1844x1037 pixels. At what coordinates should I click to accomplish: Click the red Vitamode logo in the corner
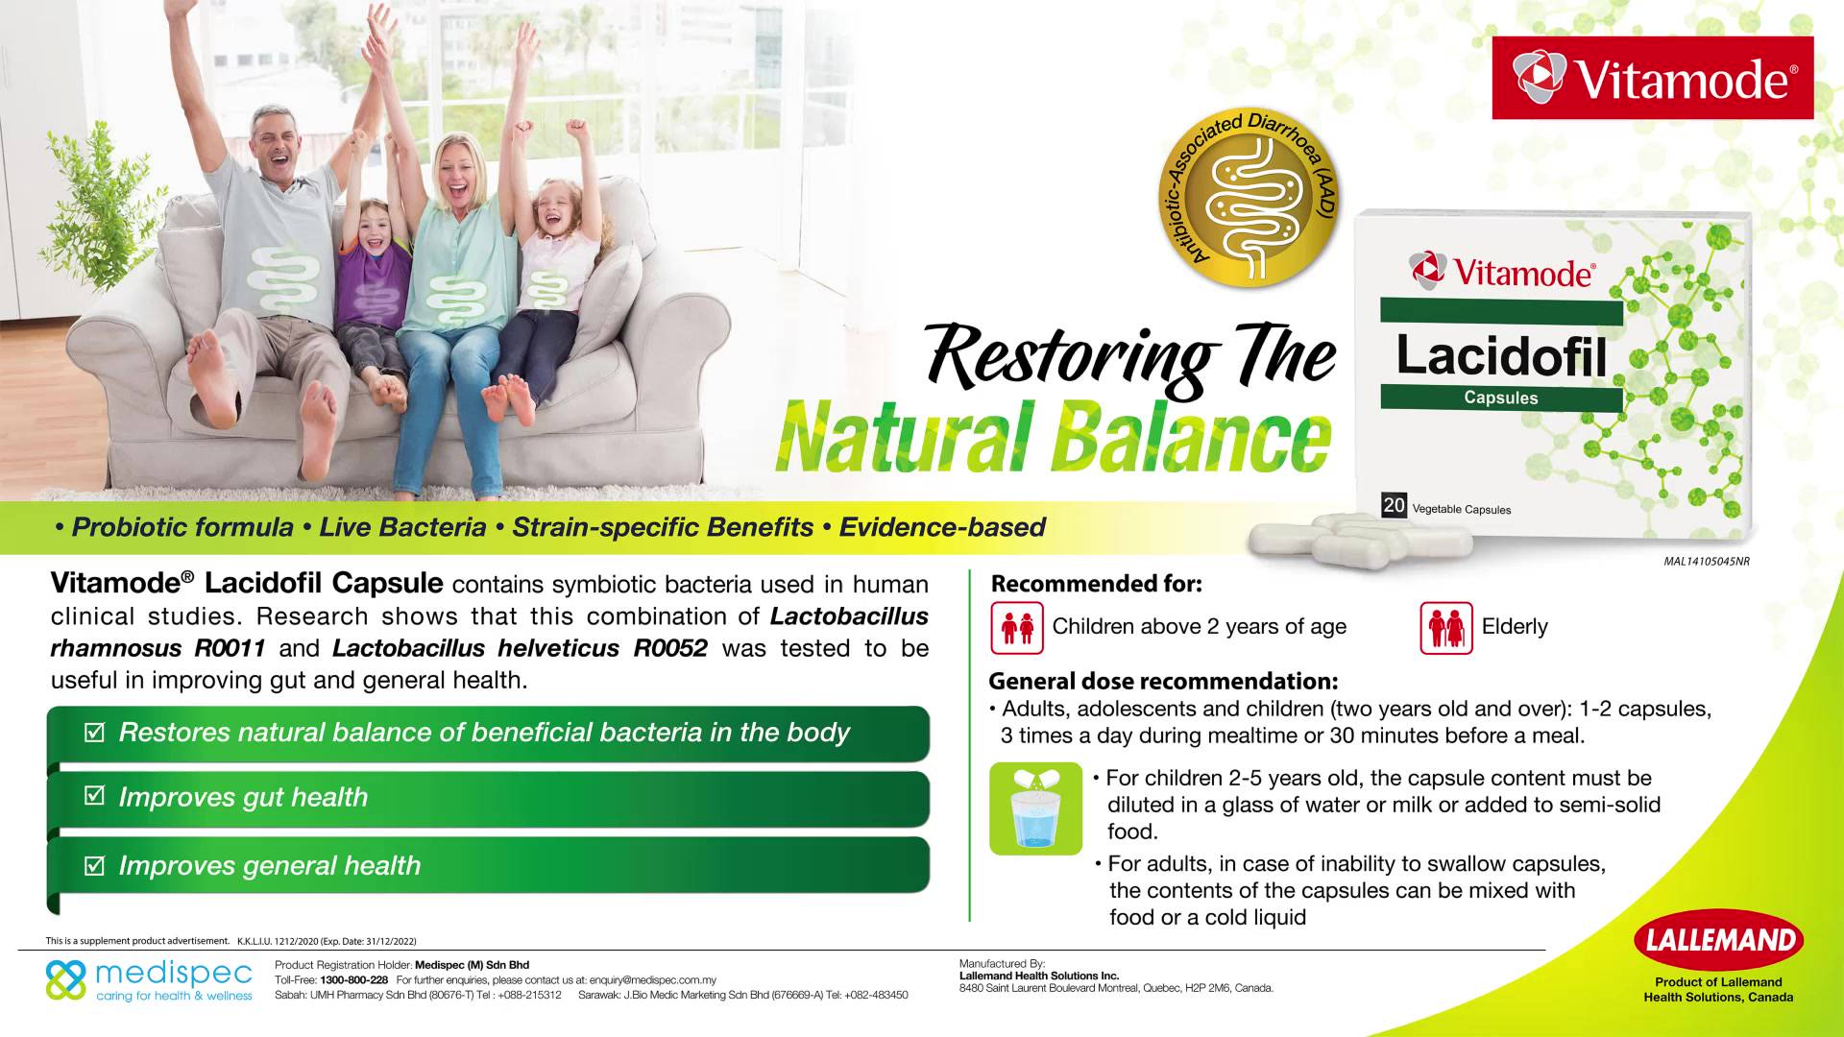point(1653,78)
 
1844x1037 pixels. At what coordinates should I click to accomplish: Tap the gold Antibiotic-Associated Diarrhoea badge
point(1249,198)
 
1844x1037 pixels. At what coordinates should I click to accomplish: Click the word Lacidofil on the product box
point(1501,355)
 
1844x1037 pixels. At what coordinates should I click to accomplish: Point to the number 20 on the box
point(1394,505)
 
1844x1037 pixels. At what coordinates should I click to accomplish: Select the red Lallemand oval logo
point(1718,940)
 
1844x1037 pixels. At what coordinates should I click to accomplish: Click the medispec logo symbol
point(66,980)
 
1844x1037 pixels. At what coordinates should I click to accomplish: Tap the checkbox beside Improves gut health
point(94,795)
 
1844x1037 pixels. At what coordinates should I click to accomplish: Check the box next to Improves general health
point(94,865)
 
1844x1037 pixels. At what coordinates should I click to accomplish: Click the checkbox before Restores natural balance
point(94,733)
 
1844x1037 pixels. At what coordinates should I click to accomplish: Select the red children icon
point(1017,628)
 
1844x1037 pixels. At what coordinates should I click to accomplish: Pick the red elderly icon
point(1446,628)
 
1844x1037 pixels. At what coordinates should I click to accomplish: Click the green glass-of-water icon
point(1035,808)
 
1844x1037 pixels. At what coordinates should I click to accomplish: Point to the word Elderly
point(1515,627)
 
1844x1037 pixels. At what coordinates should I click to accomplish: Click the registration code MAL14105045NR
point(1707,562)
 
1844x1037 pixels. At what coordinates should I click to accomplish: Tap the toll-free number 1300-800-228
point(354,980)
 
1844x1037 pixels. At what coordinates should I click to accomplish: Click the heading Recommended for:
point(1096,584)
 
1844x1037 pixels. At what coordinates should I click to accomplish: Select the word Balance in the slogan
point(1193,438)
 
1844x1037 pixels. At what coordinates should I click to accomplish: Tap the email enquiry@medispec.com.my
point(653,980)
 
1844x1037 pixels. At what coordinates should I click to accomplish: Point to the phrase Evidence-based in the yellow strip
point(942,527)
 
